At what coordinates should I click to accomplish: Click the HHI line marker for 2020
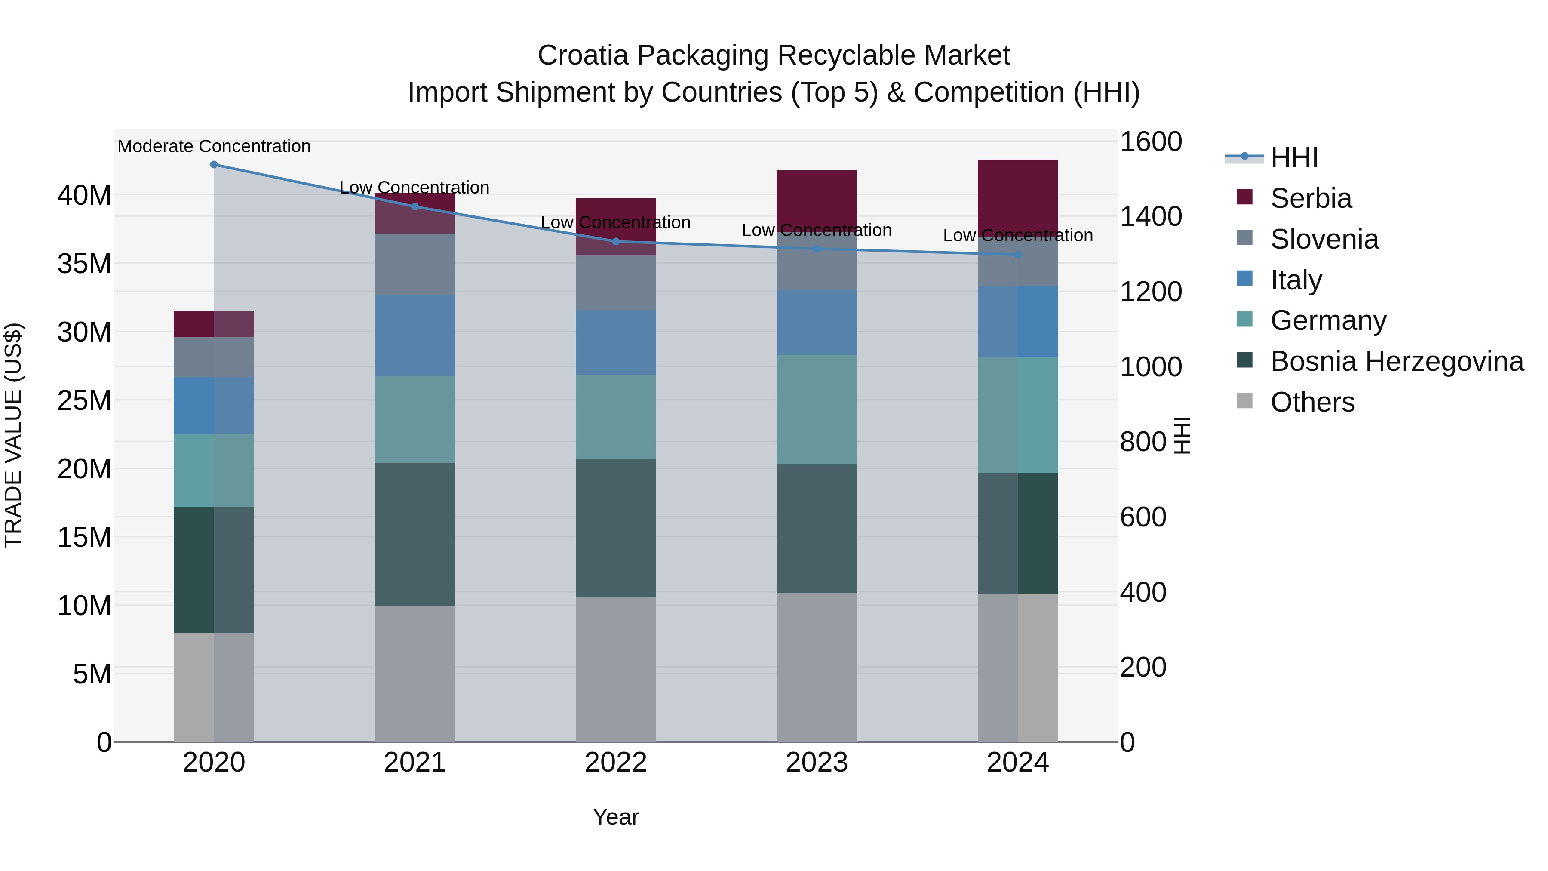click(x=214, y=164)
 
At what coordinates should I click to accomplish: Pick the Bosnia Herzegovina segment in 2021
click(x=415, y=534)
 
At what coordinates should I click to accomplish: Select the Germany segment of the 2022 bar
click(x=615, y=417)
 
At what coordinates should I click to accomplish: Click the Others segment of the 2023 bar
click(x=816, y=667)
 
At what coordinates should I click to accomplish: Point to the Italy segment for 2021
click(x=415, y=335)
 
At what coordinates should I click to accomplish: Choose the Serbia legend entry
click(x=1311, y=198)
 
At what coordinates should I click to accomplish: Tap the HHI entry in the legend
click(x=1294, y=157)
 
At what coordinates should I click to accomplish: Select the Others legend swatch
click(x=1244, y=401)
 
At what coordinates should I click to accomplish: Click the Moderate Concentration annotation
click(x=214, y=146)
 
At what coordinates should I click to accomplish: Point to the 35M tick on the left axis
click(x=84, y=263)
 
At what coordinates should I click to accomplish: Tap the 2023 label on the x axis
click(x=816, y=763)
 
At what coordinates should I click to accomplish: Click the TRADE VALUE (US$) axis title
click(x=13, y=435)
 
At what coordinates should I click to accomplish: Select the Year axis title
click(x=615, y=817)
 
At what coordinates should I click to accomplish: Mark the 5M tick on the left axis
click(x=92, y=674)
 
